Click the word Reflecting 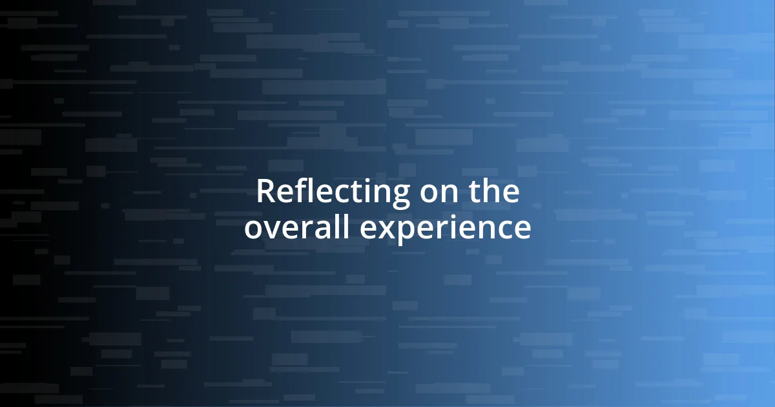[333, 192]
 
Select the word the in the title [493, 192]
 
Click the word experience [445, 228]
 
